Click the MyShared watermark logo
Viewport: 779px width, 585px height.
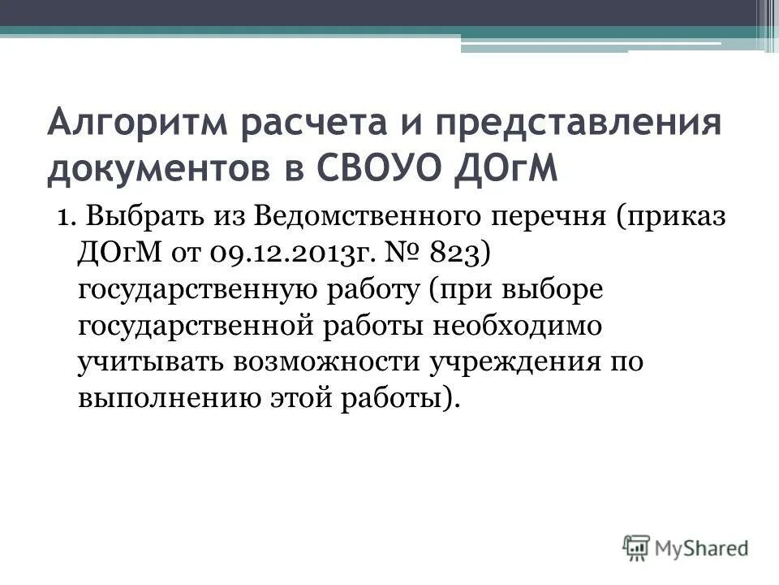(686, 547)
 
